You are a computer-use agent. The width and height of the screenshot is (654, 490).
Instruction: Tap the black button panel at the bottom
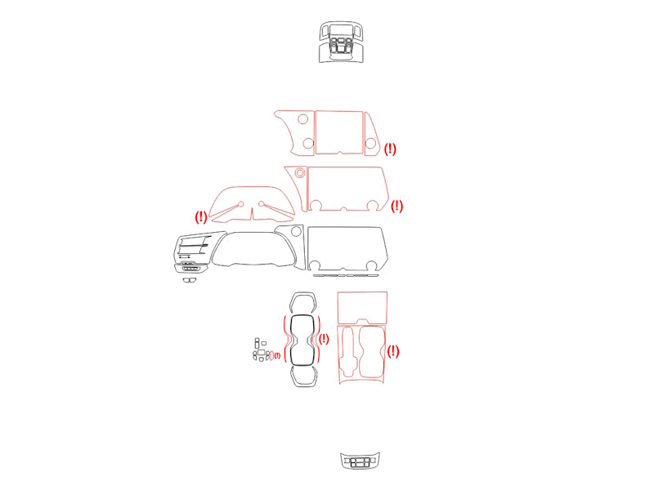360,461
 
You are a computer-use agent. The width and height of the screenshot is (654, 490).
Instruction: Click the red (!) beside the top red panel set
390,149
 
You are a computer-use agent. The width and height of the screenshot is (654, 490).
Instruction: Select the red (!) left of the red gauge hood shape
201,216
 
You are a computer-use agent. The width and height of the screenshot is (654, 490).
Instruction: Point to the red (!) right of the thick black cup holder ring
324,339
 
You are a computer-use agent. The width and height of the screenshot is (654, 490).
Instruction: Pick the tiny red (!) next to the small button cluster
277,355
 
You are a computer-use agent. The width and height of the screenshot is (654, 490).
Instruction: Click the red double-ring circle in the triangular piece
300,172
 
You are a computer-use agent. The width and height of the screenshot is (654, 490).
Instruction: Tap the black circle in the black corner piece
296,231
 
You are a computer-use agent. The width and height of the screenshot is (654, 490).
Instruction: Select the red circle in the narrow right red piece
370,144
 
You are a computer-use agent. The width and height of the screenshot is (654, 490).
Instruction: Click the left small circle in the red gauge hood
240,204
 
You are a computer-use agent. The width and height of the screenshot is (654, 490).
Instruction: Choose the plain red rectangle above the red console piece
362,308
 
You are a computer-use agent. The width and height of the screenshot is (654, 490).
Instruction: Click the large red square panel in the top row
339,132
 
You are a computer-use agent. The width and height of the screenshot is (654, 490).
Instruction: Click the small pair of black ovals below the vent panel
190,280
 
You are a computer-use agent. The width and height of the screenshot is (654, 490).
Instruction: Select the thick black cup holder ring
302,316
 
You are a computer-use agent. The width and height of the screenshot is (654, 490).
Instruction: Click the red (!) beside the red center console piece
393,351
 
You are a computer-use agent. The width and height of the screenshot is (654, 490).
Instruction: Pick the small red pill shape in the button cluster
271,355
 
